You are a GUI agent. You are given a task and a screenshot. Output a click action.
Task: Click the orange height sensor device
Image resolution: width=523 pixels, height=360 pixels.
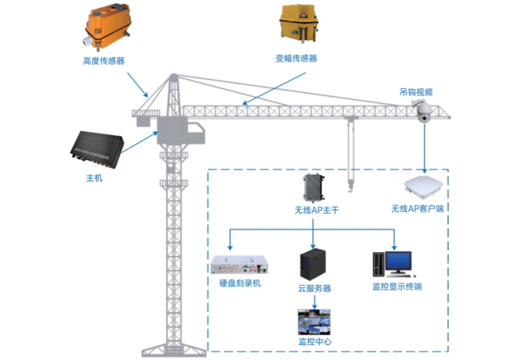click(x=109, y=28)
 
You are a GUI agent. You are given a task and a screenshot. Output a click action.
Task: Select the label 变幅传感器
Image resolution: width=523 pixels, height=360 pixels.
click(x=296, y=59)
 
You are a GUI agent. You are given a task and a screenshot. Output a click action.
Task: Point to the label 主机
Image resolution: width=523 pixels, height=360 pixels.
click(x=94, y=179)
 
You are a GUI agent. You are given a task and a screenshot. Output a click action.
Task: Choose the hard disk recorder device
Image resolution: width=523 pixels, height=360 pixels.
click(x=241, y=266)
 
